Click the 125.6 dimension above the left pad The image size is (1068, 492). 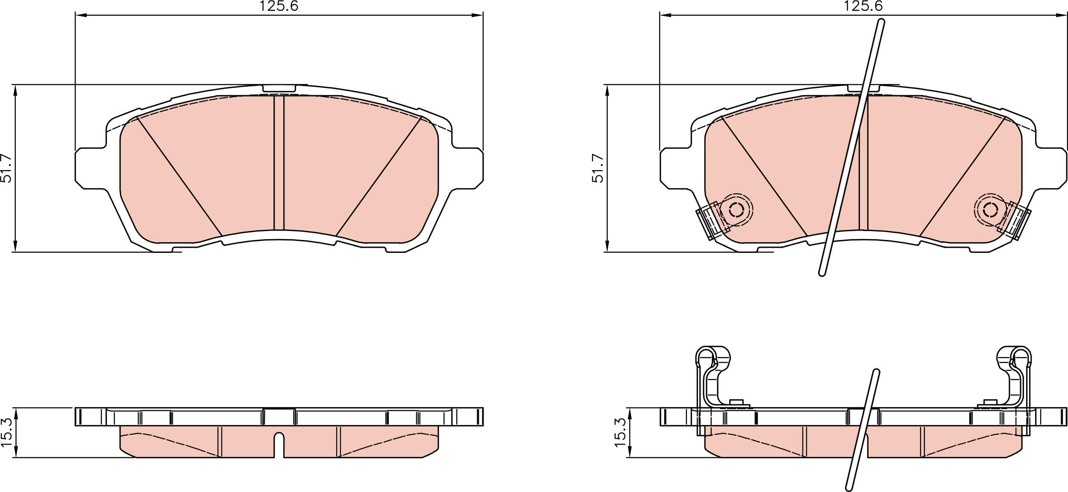pos(279,6)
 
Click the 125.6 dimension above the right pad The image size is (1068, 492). pos(863,6)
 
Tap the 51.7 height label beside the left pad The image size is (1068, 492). pos(6,168)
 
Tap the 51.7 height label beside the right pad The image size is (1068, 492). pos(598,168)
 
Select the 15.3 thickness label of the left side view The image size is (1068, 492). pos(6,433)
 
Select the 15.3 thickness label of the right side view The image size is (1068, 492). pos(620,433)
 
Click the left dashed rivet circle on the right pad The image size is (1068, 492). pos(736,210)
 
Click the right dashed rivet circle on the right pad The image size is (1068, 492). pos(990,210)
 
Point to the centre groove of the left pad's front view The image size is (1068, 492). pos(279,163)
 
